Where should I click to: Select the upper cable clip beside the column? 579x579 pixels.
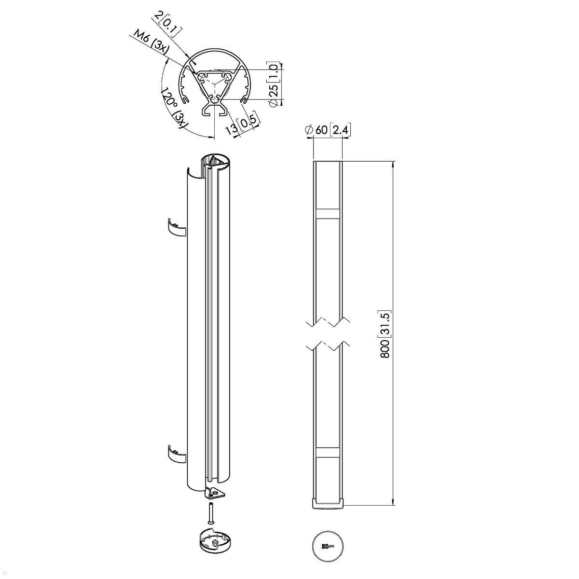point(176,227)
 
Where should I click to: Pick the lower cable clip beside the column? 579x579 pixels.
point(176,455)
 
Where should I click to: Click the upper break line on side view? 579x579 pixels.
point(328,321)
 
